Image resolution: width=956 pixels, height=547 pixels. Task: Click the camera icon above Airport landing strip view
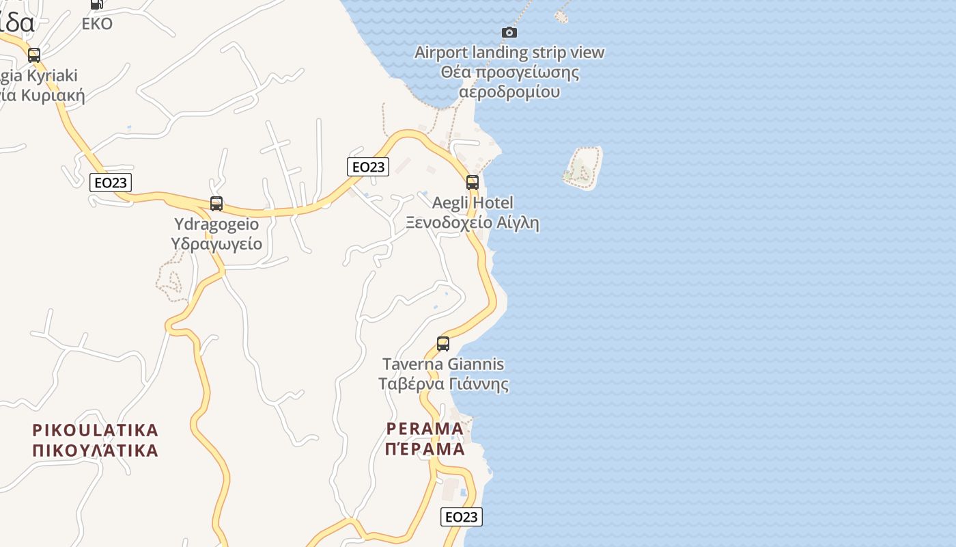[x=509, y=32]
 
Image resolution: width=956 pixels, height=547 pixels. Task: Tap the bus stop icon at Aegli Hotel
[x=472, y=183]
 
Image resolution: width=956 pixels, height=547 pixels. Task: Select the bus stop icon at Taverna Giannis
[x=443, y=344]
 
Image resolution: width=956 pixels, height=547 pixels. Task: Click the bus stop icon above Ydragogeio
[x=216, y=204]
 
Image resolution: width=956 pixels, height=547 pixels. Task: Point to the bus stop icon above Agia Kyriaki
[x=33, y=55]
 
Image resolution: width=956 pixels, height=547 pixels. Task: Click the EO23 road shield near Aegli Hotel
[x=368, y=167]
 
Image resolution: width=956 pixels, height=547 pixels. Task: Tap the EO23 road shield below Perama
[x=462, y=517]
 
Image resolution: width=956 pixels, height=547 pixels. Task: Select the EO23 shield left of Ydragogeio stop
[x=110, y=183]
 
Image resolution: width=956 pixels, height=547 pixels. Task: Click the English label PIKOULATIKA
[x=96, y=430]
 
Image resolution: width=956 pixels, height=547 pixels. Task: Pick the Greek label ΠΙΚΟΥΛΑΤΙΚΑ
[x=96, y=451]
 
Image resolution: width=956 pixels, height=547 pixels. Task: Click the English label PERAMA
[x=425, y=429]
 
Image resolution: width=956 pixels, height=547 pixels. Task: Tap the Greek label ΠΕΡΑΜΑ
[x=425, y=449]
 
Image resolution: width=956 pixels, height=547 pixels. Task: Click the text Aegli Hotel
[x=473, y=203]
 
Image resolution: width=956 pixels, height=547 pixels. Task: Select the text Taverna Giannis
[x=443, y=364]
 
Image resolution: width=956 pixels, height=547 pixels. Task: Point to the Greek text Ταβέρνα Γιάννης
[x=444, y=384]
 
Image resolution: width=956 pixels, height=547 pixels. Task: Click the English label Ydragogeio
[x=216, y=224]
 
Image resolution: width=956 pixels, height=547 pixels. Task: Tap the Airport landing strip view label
[x=509, y=52]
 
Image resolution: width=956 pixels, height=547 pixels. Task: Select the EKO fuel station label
[x=97, y=24]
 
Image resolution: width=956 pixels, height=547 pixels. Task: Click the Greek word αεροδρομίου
[x=509, y=92]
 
